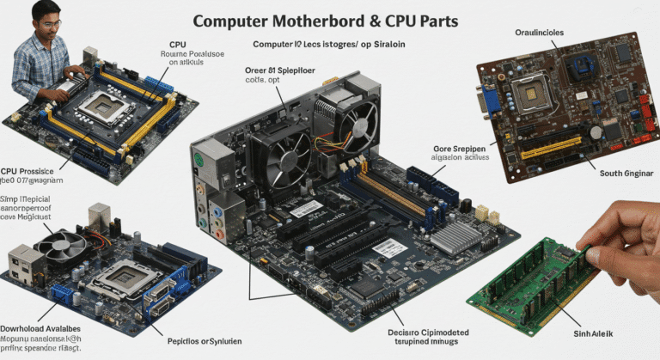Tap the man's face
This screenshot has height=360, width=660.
46,20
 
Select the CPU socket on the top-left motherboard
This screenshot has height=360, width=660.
101,108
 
